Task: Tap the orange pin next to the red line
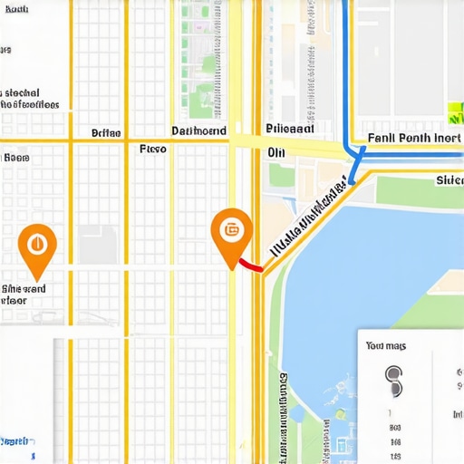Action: coord(230,232)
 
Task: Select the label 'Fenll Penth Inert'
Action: coord(414,139)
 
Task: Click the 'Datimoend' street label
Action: coord(198,131)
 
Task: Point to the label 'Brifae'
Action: coord(106,133)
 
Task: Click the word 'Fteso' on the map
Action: coord(152,149)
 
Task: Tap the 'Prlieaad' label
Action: coord(290,130)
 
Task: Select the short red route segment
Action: coord(248,267)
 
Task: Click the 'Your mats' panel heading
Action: coord(387,345)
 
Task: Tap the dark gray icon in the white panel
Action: coord(393,381)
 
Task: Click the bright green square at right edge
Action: coord(455,112)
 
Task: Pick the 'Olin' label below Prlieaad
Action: coord(276,152)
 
